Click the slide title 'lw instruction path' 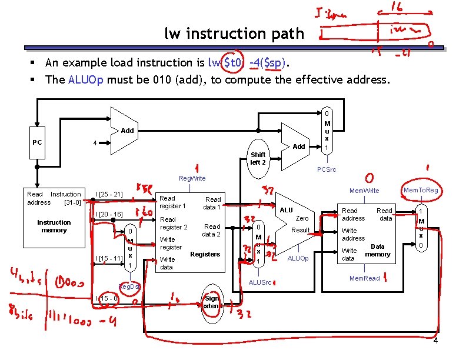(234, 34)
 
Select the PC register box (37, 142)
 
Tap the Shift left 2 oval (258, 158)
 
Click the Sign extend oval (211, 302)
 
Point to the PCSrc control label (327, 169)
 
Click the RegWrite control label (192, 178)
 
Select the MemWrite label (364, 191)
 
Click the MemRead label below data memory (364, 278)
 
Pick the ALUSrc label (260, 283)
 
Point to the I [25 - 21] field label (109, 194)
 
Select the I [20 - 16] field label (109, 214)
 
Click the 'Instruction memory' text (54, 226)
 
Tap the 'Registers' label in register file (205, 254)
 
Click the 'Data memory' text (377, 251)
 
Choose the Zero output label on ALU (302, 218)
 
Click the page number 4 (435, 342)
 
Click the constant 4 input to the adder (95, 143)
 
